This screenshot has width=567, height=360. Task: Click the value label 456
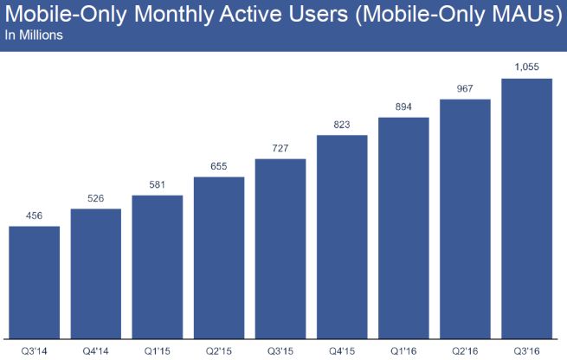point(34,216)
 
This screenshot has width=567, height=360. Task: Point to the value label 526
point(95,199)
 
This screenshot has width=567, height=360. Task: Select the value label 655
point(218,167)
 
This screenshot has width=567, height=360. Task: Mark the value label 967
point(465,89)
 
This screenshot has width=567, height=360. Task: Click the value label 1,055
point(527,68)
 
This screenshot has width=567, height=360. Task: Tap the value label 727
point(280,149)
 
